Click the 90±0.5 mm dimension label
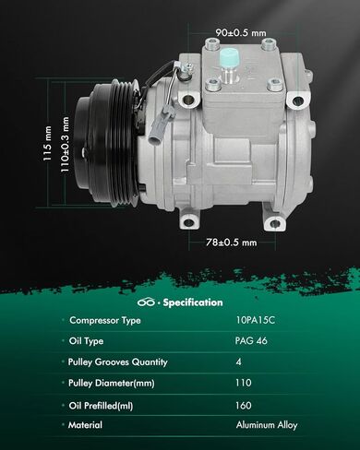pos(241,32)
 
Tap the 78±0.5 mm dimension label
pos(232,243)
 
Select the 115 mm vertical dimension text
pos(47,143)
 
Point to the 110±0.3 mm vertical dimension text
pos(65,145)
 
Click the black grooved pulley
pos(107,143)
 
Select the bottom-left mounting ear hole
pos(188,222)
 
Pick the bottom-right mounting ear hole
pos(275,223)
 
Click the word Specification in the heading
pos(193,302)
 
